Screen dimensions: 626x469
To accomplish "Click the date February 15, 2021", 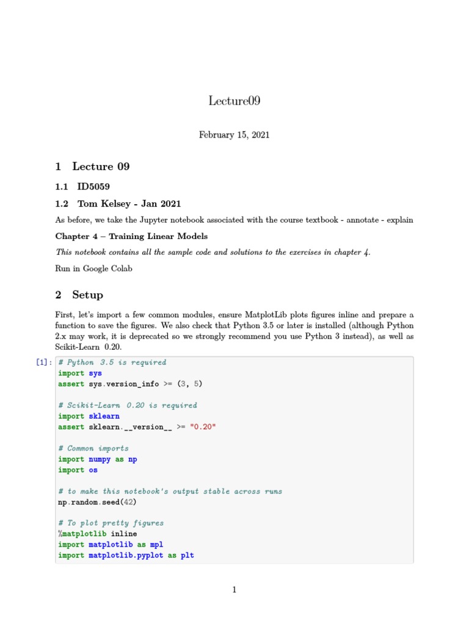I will pyautogui.click(x=234, y=134).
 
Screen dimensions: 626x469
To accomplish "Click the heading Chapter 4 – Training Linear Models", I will pyautogui.click(x=131, y=236).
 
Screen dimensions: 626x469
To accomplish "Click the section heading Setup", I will pyautogui.click(x=87, y=295).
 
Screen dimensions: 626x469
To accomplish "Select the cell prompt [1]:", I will pyautogui.click(x=43, y=363).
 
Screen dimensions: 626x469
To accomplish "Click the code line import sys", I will pyautogui.click(x=80, y=373).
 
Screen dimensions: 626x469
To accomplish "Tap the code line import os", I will pyautogui.click(x=78, y=470).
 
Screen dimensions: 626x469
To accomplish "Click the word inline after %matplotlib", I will pyautogui.click(x=124, y=534).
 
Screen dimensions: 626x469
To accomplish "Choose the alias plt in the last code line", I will pyautogui.click(x=187, y=556).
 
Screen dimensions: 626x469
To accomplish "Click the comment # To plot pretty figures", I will pyautogui.click(x=111, y=523).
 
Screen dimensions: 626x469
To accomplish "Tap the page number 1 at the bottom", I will pyautogui.click(x=234, y=590).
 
